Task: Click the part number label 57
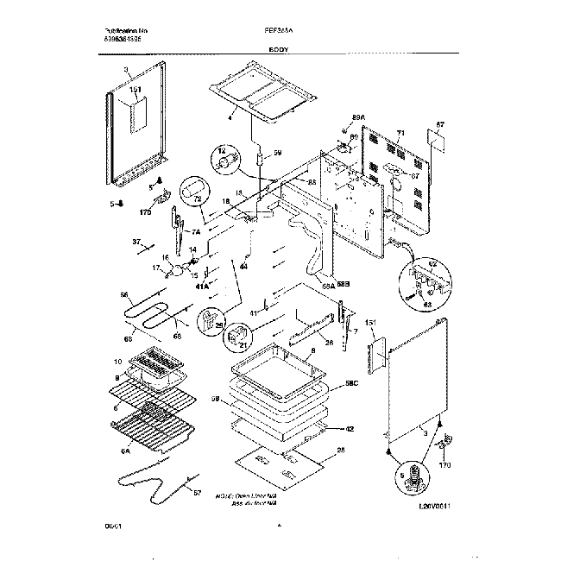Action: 196,492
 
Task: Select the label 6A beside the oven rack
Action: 125,450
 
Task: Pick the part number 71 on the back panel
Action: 400,135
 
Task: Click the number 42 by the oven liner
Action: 350,427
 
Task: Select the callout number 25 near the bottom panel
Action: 341,451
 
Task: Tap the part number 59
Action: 278,153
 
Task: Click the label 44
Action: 243,267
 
